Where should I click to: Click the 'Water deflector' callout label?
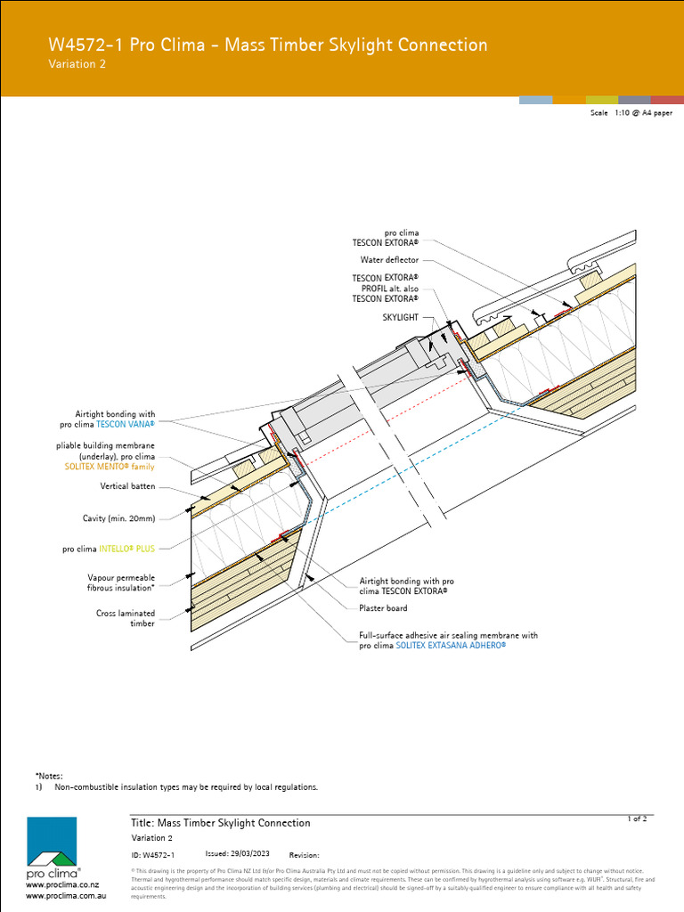(x=389, y=261)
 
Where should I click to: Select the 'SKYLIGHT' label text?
(x=400, y=317)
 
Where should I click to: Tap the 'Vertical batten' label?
(x=127, y=487)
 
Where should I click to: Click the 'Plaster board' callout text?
(x=383, y=608)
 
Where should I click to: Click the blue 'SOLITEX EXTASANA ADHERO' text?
(x=450, y=645)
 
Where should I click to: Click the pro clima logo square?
(x=51, y=841)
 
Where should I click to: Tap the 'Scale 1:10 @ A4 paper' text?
(x=631, y=114)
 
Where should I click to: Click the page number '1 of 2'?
(x=637, y=818)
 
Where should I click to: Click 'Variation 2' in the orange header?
(x=77, y=64)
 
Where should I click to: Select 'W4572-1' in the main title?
(x=85, y=45)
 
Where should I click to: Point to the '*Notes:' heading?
(x=49, y=777)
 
